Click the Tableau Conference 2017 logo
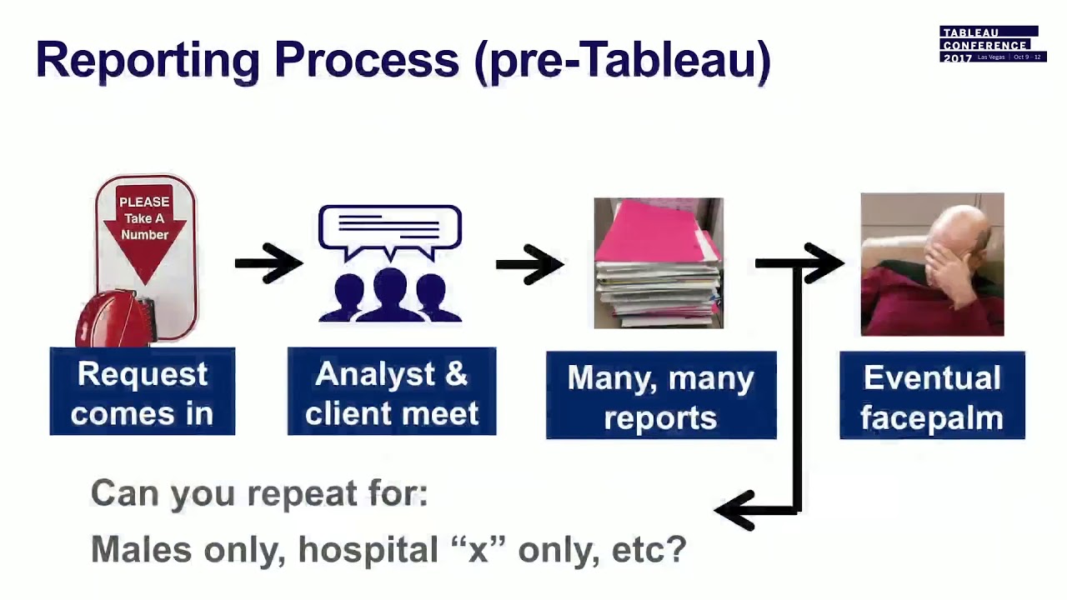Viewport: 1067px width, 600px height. (991, 44)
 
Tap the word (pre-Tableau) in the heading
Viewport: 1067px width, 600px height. (622, 60)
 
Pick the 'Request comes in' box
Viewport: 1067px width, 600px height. (143, 392)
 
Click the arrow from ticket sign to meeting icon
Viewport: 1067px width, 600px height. (268, 263)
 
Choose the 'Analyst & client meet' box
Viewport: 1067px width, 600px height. (392, 392)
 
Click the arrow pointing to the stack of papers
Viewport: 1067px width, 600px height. (530, 264)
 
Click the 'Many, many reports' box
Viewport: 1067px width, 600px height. (661, 395)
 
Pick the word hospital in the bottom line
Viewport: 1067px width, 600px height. (368, 549)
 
